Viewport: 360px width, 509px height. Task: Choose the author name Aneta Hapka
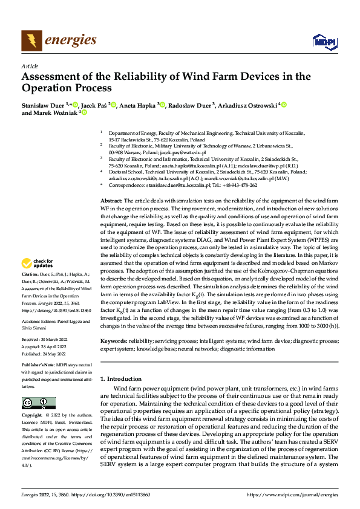[x=137, y=105]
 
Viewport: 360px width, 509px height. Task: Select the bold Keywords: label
[x=114, y=341]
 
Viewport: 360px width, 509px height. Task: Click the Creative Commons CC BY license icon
[x=38, y=403]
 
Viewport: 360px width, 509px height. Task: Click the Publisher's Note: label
[x=40, y=366]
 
